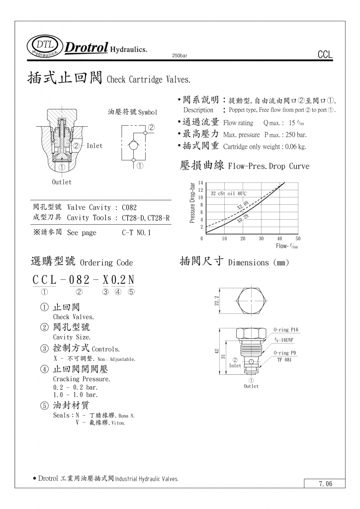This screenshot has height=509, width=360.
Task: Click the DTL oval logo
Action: [x=45, y=46]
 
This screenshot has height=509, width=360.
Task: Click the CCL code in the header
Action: [x=324, y=55]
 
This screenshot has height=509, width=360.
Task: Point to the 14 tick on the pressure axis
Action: [x=200, y=183]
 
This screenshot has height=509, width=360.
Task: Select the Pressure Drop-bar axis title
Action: [x=192, y=202]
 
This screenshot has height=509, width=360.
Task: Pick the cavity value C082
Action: [x=129, y=208]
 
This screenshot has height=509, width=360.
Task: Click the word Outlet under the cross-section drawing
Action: [x=62, y=182]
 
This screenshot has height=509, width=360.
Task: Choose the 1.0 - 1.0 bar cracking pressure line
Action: [x=76, y=395]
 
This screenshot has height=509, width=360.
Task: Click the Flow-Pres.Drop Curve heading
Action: [x=269, y=167]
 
